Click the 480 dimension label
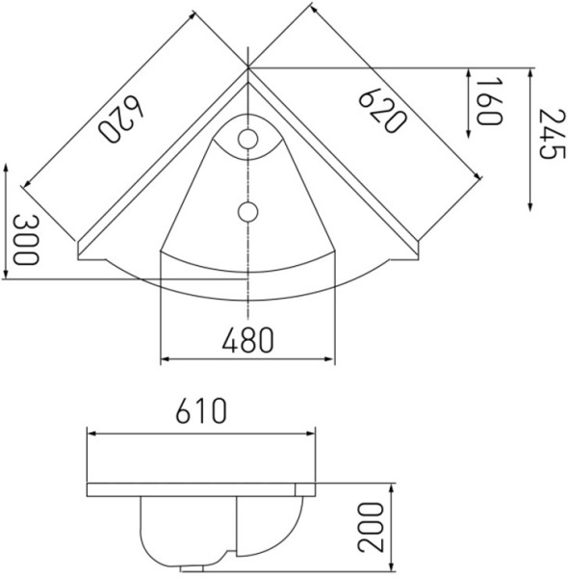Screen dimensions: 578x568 tap(247, 338)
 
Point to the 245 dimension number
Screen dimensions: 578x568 tap(548, 137)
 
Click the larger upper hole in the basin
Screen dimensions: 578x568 tap(247, 140)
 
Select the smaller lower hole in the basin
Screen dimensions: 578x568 tap(247, 210)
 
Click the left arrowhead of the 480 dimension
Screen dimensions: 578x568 tap(165, 360)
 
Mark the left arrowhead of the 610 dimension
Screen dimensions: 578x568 tap(91, 433)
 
